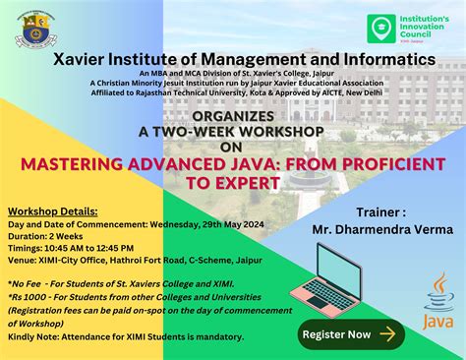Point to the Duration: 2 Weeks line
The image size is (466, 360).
tap(46, 237)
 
